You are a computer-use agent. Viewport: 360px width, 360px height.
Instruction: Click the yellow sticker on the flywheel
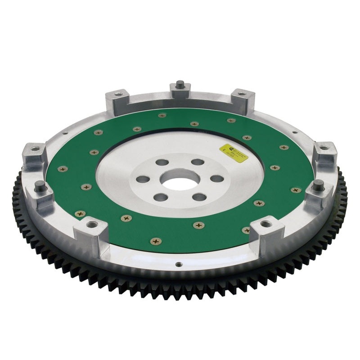coord(234,153)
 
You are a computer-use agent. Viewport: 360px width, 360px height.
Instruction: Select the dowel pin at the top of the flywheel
coord(180,84)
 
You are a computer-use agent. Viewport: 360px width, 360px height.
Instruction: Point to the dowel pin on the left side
coord(40,185)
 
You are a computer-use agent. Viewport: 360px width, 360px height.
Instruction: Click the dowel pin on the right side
coord(319,184)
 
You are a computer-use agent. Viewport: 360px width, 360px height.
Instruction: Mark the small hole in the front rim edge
coord(179,265)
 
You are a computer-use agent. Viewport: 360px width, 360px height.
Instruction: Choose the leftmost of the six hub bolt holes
coord(143,179)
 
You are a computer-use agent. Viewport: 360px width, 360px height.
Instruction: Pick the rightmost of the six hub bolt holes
coord(217,179)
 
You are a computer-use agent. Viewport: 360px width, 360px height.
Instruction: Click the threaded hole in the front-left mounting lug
coord(92,224)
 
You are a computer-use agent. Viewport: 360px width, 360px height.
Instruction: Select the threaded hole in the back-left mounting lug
coord(118,94)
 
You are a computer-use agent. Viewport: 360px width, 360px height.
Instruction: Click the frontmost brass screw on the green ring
coord(156,241)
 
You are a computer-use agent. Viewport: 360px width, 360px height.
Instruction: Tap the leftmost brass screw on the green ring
coord(63,169)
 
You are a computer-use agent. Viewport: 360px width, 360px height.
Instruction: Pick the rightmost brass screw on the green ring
coord(296,190)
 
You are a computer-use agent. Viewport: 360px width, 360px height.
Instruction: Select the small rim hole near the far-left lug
coord(65,133)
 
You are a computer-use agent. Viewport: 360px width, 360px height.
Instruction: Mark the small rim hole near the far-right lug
coord(294,133)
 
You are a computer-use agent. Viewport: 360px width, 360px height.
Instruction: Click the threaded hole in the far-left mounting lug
coord(35,148)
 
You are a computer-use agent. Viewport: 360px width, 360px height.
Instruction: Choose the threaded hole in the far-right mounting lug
coord(324,148)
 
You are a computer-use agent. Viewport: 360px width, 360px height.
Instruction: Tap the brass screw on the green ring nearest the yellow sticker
coord(247,138)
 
